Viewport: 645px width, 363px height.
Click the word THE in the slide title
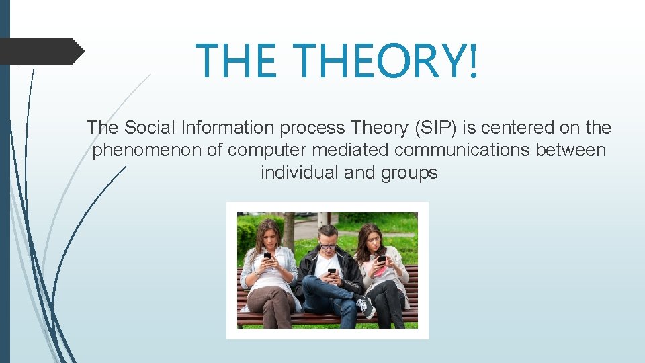236,60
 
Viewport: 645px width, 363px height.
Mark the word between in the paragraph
570,150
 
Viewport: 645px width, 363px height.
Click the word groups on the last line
409,173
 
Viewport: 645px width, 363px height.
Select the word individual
299,173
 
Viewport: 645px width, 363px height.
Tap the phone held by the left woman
267,256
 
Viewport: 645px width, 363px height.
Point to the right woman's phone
381,259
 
